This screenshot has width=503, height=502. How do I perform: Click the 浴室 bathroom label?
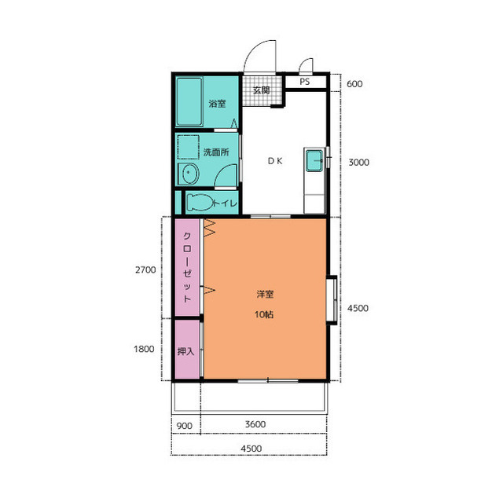217,104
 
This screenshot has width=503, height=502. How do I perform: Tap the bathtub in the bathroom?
189,101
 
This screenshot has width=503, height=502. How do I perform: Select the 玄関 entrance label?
261,90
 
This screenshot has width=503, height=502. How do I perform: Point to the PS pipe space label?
305,82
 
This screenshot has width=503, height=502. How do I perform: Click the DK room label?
275,161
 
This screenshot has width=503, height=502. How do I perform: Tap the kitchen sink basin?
314,161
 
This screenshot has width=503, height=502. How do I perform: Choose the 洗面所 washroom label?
216,152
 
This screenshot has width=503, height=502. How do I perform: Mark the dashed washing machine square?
189,147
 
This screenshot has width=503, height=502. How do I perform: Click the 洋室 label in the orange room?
265,294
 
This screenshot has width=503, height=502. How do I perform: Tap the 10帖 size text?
264,314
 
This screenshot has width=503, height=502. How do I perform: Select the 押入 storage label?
185,351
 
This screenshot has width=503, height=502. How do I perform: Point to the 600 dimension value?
354,84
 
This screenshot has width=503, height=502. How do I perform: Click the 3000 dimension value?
358,162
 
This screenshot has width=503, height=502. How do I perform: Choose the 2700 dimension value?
145,270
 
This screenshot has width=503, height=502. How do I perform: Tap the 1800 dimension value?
144,349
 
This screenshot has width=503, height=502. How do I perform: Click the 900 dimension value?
185,426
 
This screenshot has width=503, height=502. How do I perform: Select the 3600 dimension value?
255,424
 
